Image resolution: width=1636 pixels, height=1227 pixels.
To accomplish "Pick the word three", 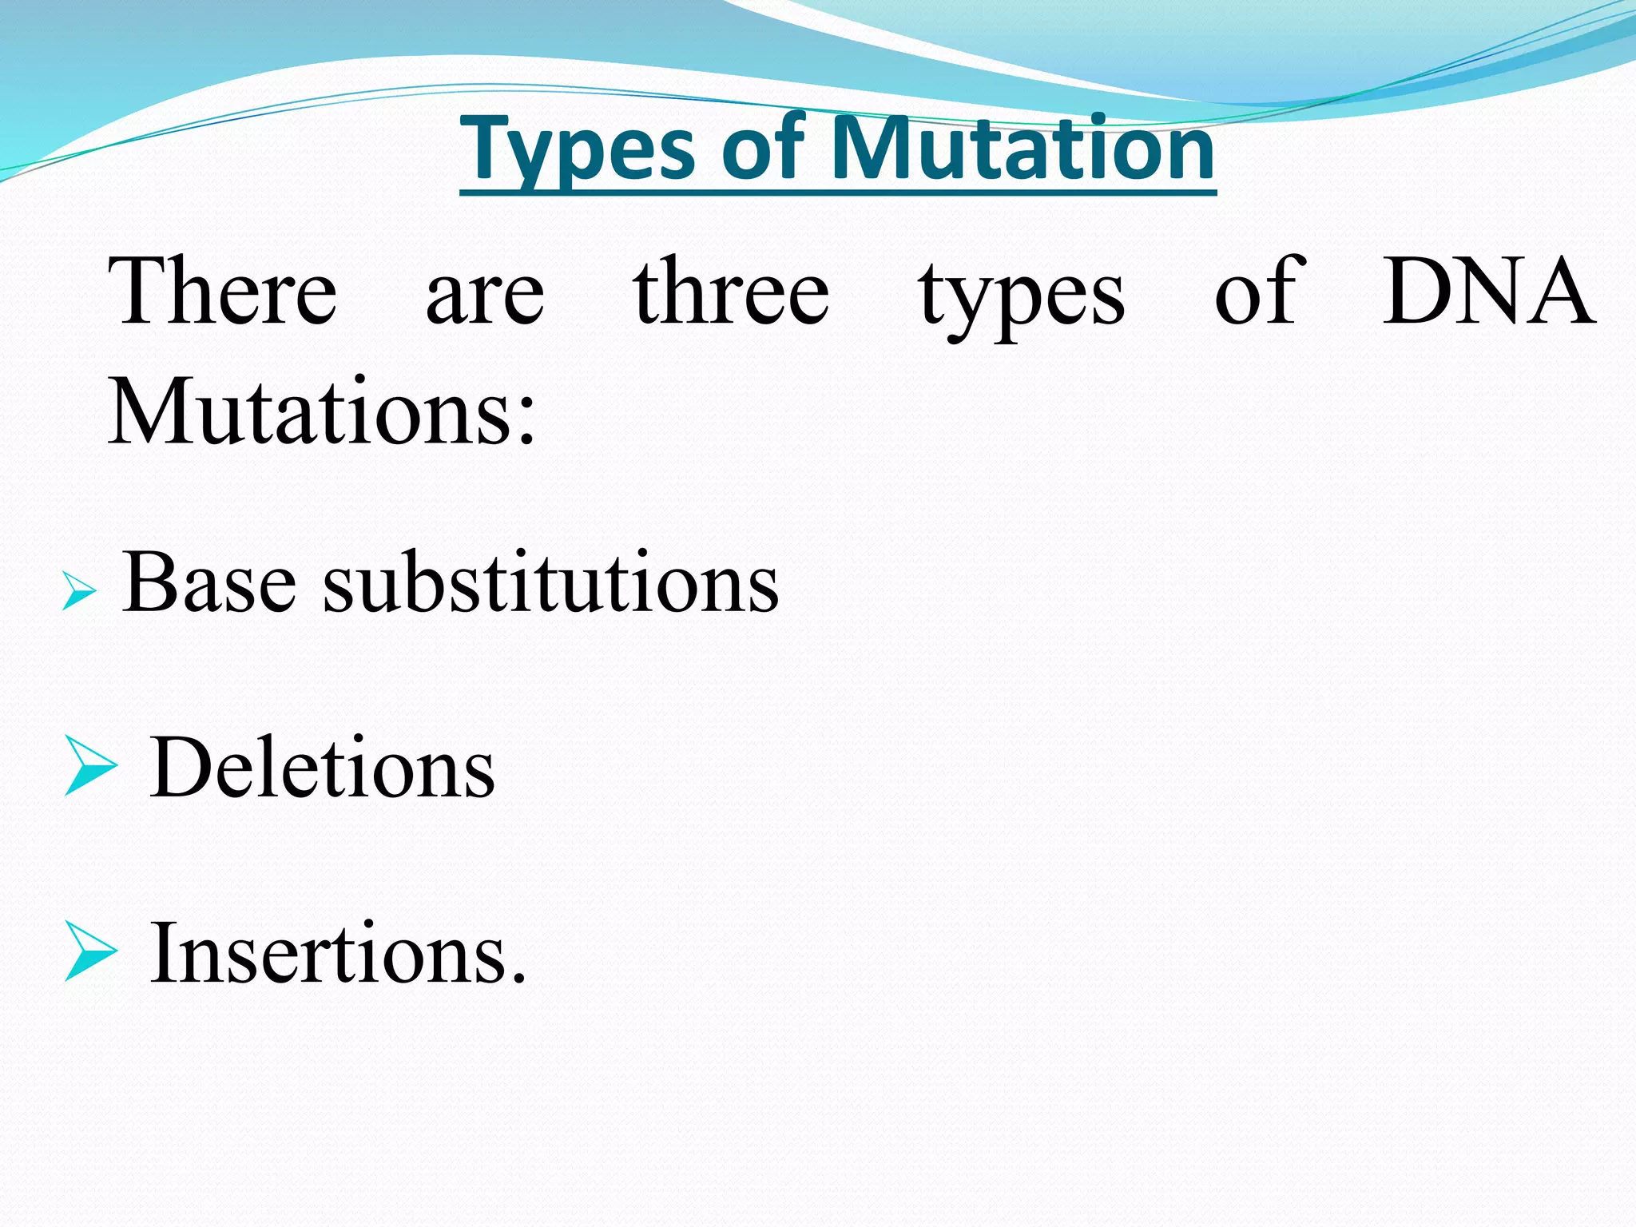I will coord(731,292).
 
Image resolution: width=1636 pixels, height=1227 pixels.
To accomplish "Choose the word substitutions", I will coord(550,582).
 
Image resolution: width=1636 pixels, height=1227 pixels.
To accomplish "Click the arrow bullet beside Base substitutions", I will coord(79,592).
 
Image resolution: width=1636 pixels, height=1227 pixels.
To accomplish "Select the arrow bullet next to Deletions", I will coord(89,765).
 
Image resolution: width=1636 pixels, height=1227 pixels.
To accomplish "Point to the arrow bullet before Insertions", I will coord(89,951).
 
